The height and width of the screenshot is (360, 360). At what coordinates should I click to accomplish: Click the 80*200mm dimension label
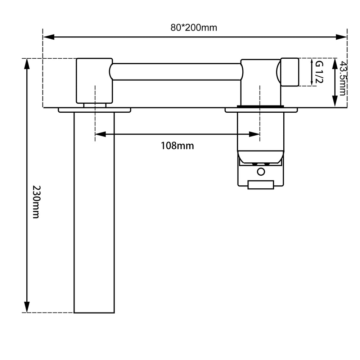[x=194, y=28]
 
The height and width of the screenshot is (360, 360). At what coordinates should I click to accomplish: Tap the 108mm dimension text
[x=177, y=146]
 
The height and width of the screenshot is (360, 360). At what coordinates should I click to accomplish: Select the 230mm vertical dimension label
[x=36, y=202]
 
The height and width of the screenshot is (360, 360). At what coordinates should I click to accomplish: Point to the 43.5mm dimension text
[x=342, y=78]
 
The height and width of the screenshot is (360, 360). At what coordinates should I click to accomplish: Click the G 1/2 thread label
[x=319, y=72]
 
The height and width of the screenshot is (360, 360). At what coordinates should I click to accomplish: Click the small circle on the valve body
[x=261, y=171]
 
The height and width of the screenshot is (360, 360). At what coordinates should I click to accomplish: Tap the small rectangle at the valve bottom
[x=261, y=185]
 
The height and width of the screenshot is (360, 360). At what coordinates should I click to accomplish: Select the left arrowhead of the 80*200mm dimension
[x=49, y=37]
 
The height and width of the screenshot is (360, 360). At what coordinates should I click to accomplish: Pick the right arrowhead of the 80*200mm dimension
[x=341, y=37]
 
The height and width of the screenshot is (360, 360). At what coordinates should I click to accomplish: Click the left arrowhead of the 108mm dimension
[x=100, y=134]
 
